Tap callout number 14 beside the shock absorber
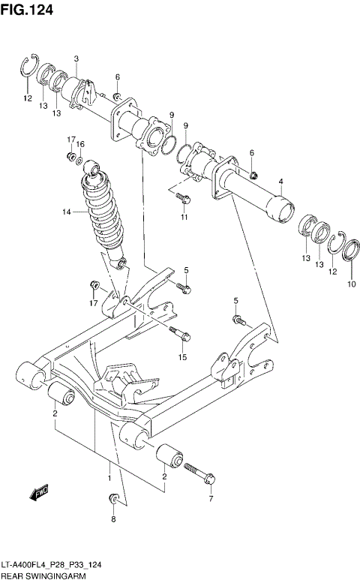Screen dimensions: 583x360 click(67, 212)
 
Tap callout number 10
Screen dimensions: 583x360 click(351, 284)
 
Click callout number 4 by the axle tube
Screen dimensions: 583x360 click(280, 181)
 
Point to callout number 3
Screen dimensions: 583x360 click(76, 59)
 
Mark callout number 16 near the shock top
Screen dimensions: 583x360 click(80, 144)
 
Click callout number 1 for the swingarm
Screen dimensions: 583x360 click(109, 476)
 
